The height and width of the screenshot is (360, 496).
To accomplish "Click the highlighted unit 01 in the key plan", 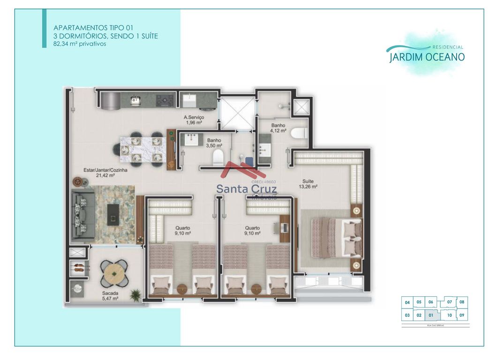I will tap(430, 315).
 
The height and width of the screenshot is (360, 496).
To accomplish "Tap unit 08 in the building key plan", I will tap(462, 302).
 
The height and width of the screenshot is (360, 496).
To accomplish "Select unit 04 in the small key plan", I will tap(407, 302).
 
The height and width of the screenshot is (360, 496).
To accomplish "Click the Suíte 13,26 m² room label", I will tap(308, 184).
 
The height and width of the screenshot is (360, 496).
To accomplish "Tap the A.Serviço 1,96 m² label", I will tap(193, 120).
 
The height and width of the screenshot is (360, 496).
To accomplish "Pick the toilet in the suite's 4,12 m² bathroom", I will tap(298, 134).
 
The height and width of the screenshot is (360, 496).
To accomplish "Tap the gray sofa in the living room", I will tap(83, 213).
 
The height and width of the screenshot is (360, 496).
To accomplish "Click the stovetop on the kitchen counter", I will tap(165, 100).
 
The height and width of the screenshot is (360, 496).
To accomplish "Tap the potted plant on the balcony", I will tap(135, 295).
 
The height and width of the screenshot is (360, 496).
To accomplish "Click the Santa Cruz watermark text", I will tap(247, 189).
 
